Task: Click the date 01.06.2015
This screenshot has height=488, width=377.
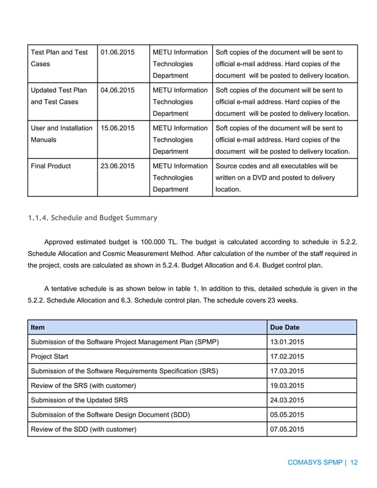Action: click(118, 53)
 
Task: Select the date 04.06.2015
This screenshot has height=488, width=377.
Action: click(118, 90)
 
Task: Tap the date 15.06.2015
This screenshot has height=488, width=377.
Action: click(118, 128)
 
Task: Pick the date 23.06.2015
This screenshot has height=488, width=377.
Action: click(118, 166)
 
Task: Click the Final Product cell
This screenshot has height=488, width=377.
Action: click(51, 166)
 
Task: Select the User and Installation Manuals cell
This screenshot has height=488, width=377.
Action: click(61, 134)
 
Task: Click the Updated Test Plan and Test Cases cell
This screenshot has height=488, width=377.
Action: click(58, 96)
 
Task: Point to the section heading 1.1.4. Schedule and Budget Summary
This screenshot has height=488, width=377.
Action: click(92, 218)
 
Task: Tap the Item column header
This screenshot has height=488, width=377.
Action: click(39, 327)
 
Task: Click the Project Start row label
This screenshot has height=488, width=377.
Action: click(54, 356)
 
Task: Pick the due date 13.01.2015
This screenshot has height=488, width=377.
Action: click(287, 341)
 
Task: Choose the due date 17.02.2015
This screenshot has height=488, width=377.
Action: click(287, 356)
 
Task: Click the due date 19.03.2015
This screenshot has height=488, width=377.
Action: click(287, 385)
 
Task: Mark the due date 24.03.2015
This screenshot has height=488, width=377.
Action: click(287, 400)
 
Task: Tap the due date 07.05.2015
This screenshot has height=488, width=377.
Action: click(287, 429)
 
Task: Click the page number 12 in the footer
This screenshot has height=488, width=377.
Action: click(354, 463)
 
